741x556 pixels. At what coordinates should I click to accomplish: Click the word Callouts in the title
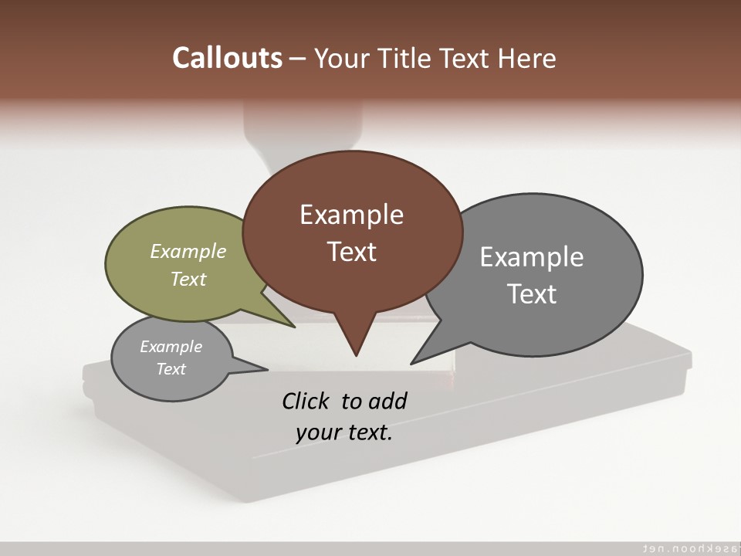tap(228, 58)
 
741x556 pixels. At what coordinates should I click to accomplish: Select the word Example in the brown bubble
tap(351, 215)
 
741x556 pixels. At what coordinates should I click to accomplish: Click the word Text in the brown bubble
tap(351, 252)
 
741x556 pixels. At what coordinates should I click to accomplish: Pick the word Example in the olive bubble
tap(188, 251)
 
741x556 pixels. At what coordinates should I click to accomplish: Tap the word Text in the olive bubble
tap(188, 279)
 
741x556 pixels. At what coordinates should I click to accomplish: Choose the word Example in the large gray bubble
tap(532, 257)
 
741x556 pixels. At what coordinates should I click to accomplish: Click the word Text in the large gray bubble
tap(532, 294)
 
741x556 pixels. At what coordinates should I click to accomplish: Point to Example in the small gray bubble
tap(171, 347)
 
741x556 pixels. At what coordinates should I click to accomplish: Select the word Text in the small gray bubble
tap(171, 369)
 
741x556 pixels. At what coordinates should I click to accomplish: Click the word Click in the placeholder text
tap(306, 401)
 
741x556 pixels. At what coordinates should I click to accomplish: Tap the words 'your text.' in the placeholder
tap(344, 432)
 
